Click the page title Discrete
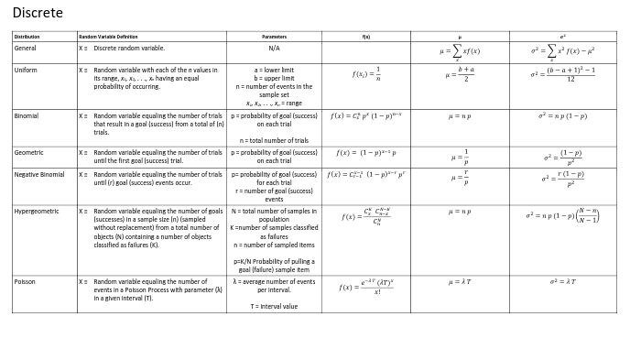tap(38, 13)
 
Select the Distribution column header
tap(26, 37)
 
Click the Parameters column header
tap(274, 37)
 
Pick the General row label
tap(26, 48)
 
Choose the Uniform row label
tap(26, 70)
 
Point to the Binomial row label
tap(27, 116)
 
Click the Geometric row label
tap(28, 152)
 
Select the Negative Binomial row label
tap(39, 174)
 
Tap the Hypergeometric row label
tap(37, 211)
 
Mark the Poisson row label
tap(26, 282)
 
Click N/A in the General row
tap(274, 48)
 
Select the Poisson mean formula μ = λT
tap(460, 282)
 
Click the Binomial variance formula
tap(561, 117)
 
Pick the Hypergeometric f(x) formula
tap(365, 216)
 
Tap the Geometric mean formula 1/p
tap(460, 157)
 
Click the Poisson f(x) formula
tap(365, 287)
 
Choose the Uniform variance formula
tap(561, 75)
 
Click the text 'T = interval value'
tap(274, 307)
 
